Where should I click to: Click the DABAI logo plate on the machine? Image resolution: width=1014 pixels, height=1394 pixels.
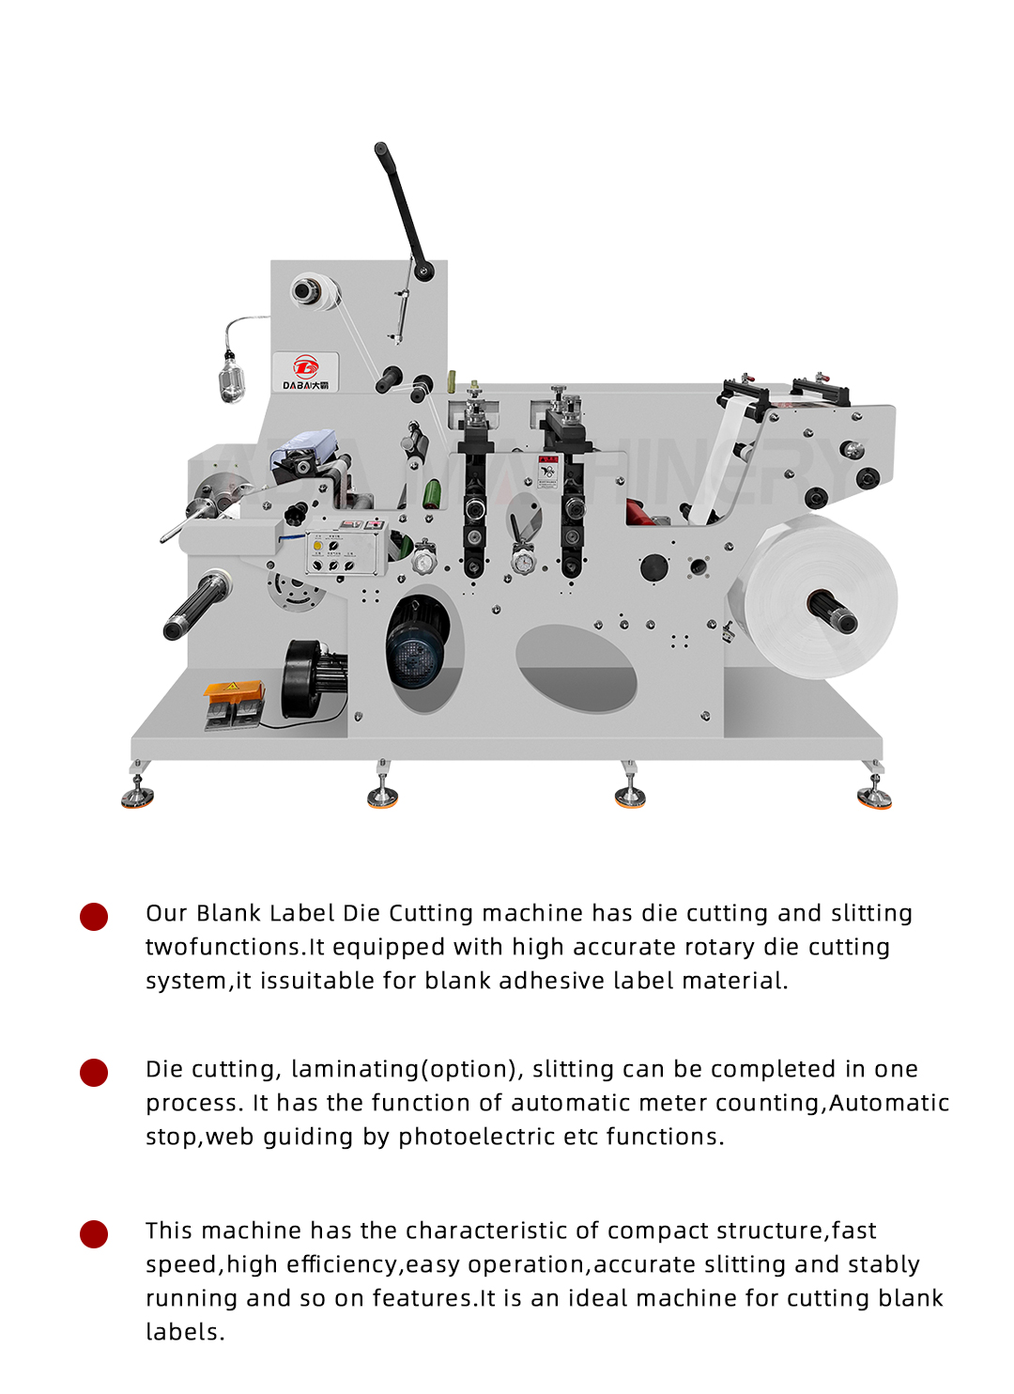[306, 372]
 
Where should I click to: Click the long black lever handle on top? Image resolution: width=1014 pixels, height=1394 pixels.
[401, 206]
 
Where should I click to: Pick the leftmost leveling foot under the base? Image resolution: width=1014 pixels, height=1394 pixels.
[137, 795]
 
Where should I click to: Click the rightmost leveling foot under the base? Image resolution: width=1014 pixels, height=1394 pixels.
[874, 795]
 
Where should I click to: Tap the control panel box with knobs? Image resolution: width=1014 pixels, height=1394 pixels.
[346, 549]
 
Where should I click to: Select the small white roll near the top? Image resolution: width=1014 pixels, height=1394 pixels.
[314, 290]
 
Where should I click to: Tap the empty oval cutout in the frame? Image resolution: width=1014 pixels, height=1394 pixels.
[575, 668]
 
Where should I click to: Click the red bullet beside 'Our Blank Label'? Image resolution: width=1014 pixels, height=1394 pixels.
[94, 916]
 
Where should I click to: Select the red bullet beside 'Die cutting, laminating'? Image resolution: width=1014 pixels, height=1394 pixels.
[94, 1072]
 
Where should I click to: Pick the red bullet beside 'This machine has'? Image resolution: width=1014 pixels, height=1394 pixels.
[94, 1233]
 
